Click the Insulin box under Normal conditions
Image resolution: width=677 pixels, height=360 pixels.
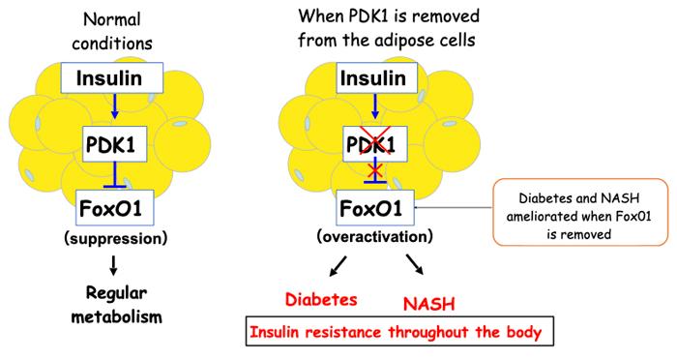[x=112, y=77]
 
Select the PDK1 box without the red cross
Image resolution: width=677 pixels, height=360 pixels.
[x=114, y=144]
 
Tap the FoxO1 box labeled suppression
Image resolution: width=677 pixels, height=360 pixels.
[x=114, y=207]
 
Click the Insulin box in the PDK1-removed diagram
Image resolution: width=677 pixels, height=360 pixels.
[x=376, y=77]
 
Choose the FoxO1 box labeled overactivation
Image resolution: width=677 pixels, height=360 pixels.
[x=375, y=207]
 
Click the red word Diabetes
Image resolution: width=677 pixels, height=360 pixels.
[x=321, y=299]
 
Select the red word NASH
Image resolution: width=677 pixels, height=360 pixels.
[x=428, y=304]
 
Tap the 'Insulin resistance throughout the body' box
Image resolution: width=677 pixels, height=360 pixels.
[x=399, y=332]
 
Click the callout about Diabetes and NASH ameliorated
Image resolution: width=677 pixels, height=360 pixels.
[x=580, y=212]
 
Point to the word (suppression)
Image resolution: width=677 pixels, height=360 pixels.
[x=115, y=238]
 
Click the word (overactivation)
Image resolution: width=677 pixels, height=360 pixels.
[x=374, y=236]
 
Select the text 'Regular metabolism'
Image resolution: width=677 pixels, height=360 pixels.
[x=117, y=305]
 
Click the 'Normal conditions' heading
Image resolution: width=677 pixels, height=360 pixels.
[x=112, y=32]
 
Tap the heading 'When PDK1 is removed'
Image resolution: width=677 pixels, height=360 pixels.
[x=389, y=16]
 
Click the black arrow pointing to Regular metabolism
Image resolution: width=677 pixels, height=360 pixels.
[x=113, y=265]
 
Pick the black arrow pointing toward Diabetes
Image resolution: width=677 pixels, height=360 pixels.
[x=338, y=265]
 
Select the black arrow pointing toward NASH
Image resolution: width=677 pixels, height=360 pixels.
[x=415, y=264]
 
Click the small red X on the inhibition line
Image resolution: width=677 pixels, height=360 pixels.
[x=375, y=171]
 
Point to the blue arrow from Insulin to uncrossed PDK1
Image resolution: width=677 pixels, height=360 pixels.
[x=114, y=105]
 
